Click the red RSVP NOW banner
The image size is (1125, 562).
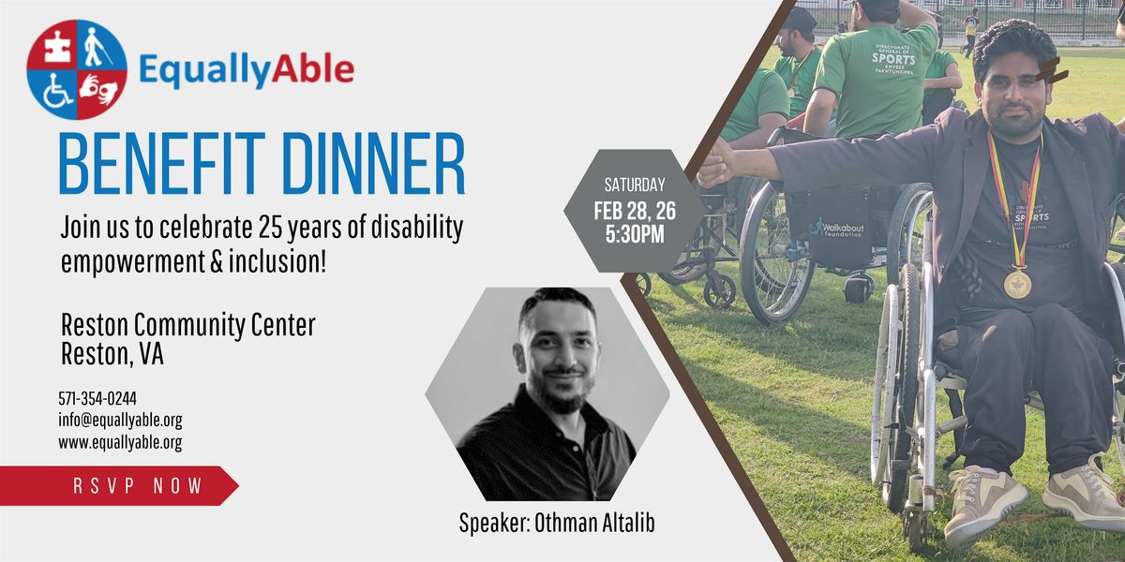click(x=118, y=485)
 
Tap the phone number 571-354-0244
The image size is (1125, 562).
click(x=97, y=398)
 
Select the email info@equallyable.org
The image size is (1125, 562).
click(x=121, y=420)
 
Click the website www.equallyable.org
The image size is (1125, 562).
click(x=121, y=442)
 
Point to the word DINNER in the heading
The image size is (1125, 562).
click(x=374, y=164)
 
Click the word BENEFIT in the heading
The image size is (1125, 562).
click(x=162, y=164)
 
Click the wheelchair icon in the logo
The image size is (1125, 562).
click(x=57, y=92)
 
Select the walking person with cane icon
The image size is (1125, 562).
click(x=96, y=47)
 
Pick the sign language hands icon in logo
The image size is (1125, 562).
click(x=98, y=89)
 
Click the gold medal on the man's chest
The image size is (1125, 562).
click(x=1017, y=284)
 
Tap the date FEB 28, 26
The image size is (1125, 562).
click(x=635, y=212)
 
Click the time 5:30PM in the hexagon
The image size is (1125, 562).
click(x=635, y=234)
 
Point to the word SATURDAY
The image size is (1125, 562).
click(x=635, y=185)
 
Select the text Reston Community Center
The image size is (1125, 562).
click(x=187, y=325)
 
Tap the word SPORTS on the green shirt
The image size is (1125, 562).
click(x=893, y=59)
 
